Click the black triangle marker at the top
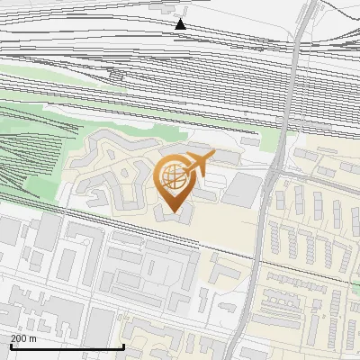181,23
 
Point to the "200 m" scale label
22,338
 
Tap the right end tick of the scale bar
122,345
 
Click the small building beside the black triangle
166,8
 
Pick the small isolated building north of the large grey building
250,141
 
